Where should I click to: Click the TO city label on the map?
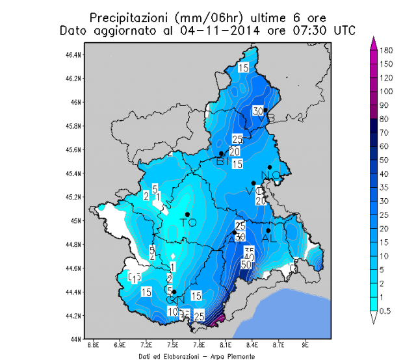188,223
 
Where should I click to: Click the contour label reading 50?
246,264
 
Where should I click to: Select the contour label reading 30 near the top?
257,111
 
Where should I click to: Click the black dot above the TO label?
187,214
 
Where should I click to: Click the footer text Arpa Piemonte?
233,357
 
